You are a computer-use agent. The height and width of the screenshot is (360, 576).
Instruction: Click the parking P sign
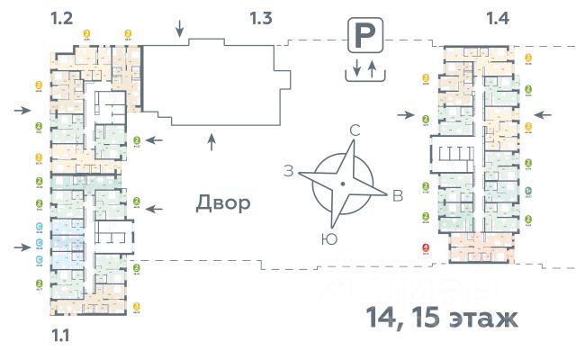coord(363,38)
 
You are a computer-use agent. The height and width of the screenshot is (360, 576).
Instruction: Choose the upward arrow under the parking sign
coord(371,68)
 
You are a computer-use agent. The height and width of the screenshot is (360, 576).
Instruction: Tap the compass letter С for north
coord(355,131)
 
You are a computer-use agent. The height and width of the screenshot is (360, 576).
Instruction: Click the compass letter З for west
coord(288,171)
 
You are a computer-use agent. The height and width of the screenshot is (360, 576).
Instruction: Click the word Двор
coord(222,202)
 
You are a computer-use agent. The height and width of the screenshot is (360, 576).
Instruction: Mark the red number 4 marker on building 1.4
coord(425,247)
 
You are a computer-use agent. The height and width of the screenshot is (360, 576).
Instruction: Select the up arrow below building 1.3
coord(211,140)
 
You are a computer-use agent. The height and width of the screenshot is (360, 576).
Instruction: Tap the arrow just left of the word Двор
coord(154,208)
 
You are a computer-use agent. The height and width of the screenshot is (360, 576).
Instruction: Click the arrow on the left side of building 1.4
coord(405,114)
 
